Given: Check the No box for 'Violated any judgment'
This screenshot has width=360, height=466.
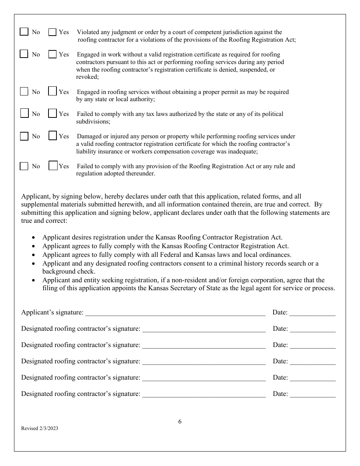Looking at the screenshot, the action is coord(24,32).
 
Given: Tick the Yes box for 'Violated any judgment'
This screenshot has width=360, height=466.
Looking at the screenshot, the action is coord(52,32).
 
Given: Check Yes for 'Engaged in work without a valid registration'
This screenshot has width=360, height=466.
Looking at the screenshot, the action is coord(52,55).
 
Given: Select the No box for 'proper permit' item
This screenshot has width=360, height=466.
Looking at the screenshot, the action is coord(24,92).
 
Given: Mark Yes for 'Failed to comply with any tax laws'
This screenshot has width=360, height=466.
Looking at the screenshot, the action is coord(52,114).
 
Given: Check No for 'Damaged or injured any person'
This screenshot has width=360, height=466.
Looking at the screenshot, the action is coord(24,136).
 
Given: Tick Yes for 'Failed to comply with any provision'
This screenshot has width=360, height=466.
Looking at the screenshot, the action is coord(53,166).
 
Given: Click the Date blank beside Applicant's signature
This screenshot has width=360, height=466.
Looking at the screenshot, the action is coord(312,313).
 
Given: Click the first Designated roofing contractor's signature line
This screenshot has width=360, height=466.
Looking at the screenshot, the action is coord(203,329).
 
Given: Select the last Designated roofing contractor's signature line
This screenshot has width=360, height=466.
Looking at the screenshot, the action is coord(203,394).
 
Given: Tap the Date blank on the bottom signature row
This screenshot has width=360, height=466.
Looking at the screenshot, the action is coord(312,394).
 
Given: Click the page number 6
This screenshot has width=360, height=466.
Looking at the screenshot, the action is coord(180,422).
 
